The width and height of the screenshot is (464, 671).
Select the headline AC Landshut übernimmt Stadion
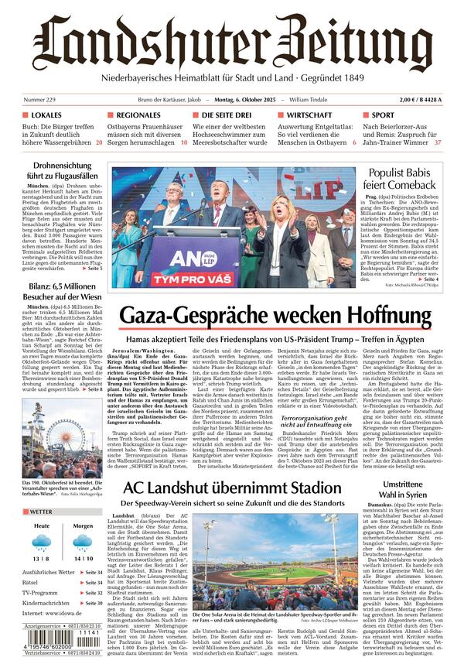[232, 488]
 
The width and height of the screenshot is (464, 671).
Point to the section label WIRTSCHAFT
[304, 115]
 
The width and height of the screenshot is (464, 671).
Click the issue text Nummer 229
[39, 100]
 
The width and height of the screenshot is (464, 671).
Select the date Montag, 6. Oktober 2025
[235, 100]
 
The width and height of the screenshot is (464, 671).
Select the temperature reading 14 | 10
[83, 558]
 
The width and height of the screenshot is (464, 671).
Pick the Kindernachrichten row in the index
[62, 602]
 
